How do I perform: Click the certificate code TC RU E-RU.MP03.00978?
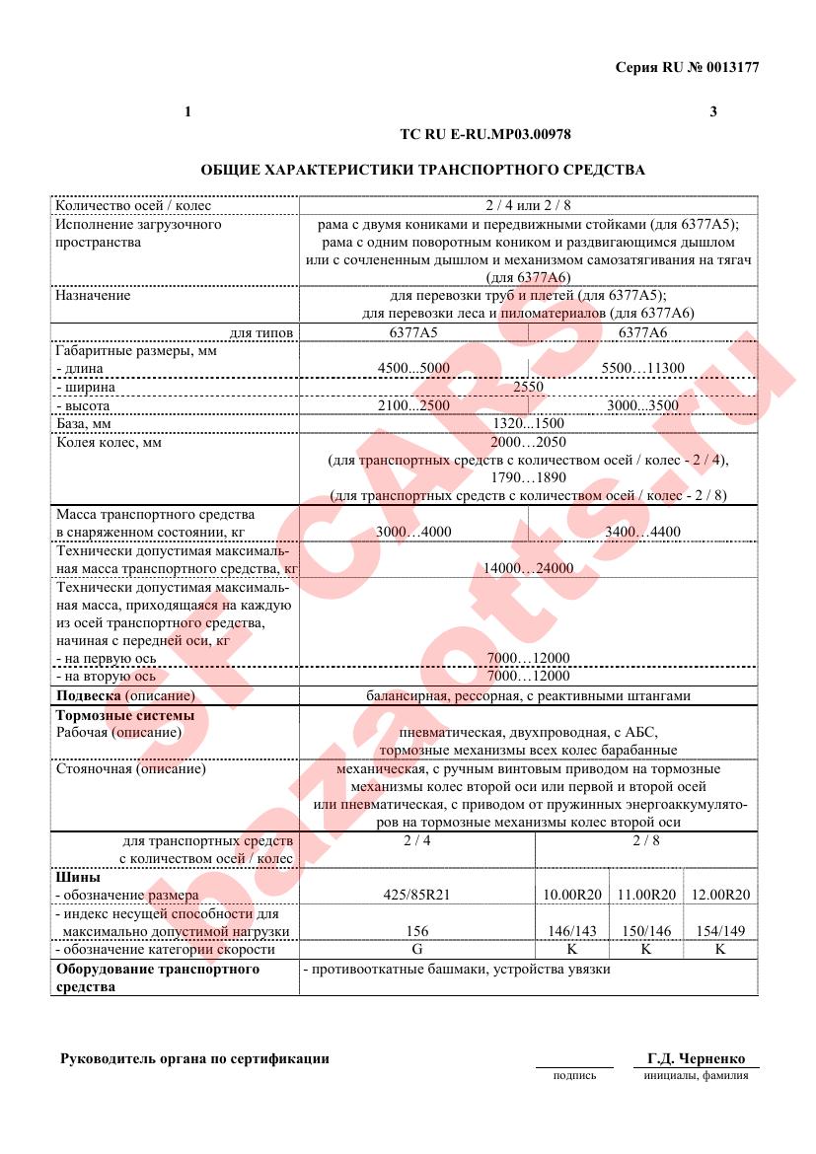pos(485,132)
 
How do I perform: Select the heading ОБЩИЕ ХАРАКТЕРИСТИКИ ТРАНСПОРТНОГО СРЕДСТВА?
pos(422,170)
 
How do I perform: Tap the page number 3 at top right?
pos(713,111)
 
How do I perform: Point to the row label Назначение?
pos(93,295)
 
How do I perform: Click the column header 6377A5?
pos(413,332)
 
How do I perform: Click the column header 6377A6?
pos(643,332)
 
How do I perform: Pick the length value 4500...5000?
pos(413,369)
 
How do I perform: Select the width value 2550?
pos(528,387)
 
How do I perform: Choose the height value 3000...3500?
pos(643,405)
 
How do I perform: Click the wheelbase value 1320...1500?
pos(528,424)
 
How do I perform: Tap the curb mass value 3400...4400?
pos(643,533)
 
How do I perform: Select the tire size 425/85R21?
pos(417,895)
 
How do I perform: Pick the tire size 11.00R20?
pos(646,895)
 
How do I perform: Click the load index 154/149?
pos(720,931)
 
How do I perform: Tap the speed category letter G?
pos(417,950)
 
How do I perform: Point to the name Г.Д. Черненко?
pos(697,1059)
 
